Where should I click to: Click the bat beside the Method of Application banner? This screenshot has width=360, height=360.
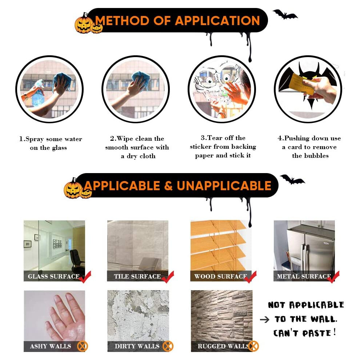click(285, 15)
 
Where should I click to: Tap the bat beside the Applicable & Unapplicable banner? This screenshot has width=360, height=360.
click(292, 179)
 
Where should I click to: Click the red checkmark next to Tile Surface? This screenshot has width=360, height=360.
click(168, 277)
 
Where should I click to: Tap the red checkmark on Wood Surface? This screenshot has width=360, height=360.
click(251, 277)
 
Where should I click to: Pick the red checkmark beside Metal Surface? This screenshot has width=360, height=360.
click(333, 277)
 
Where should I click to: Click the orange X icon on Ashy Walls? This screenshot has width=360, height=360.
click(83, 346)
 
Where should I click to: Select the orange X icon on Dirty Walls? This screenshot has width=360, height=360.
click(168, 346)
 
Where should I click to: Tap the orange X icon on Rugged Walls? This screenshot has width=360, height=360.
click(253, 346)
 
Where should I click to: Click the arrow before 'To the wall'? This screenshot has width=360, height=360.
click(264, 319)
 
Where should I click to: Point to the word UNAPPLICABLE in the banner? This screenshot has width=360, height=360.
click(224, 186)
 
